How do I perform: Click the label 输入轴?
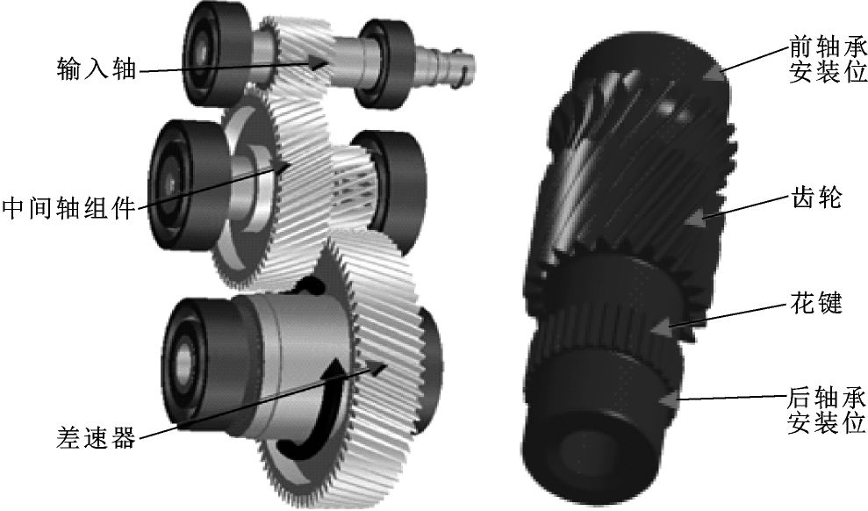(x=97, y=68)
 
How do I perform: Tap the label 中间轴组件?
(x=68, y=209)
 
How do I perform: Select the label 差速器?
(x=96, y=438)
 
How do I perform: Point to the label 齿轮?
(x=816, y=197)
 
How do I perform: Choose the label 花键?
(x=816, y=302)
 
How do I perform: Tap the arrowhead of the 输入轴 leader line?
(x=319, y=62)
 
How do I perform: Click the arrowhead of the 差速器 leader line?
(x=377, y=368)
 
